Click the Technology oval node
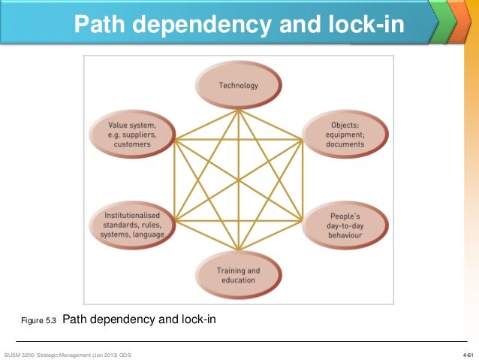click(x=238, y=86)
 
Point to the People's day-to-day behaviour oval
click(x=345, y=225)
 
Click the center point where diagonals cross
click(x=238, y=180)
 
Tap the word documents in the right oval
click(x=346, y=144)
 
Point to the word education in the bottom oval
click(x=238, y=280)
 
